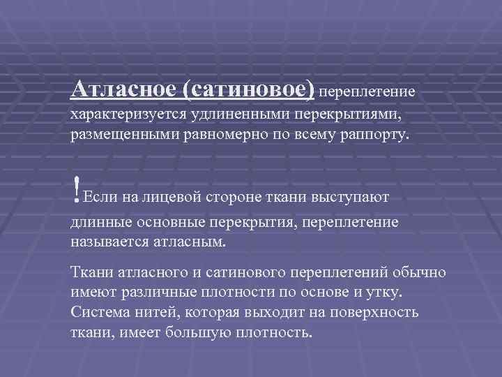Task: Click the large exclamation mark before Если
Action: click(x=75, y=187)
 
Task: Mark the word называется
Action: click(x=113, y=241)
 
